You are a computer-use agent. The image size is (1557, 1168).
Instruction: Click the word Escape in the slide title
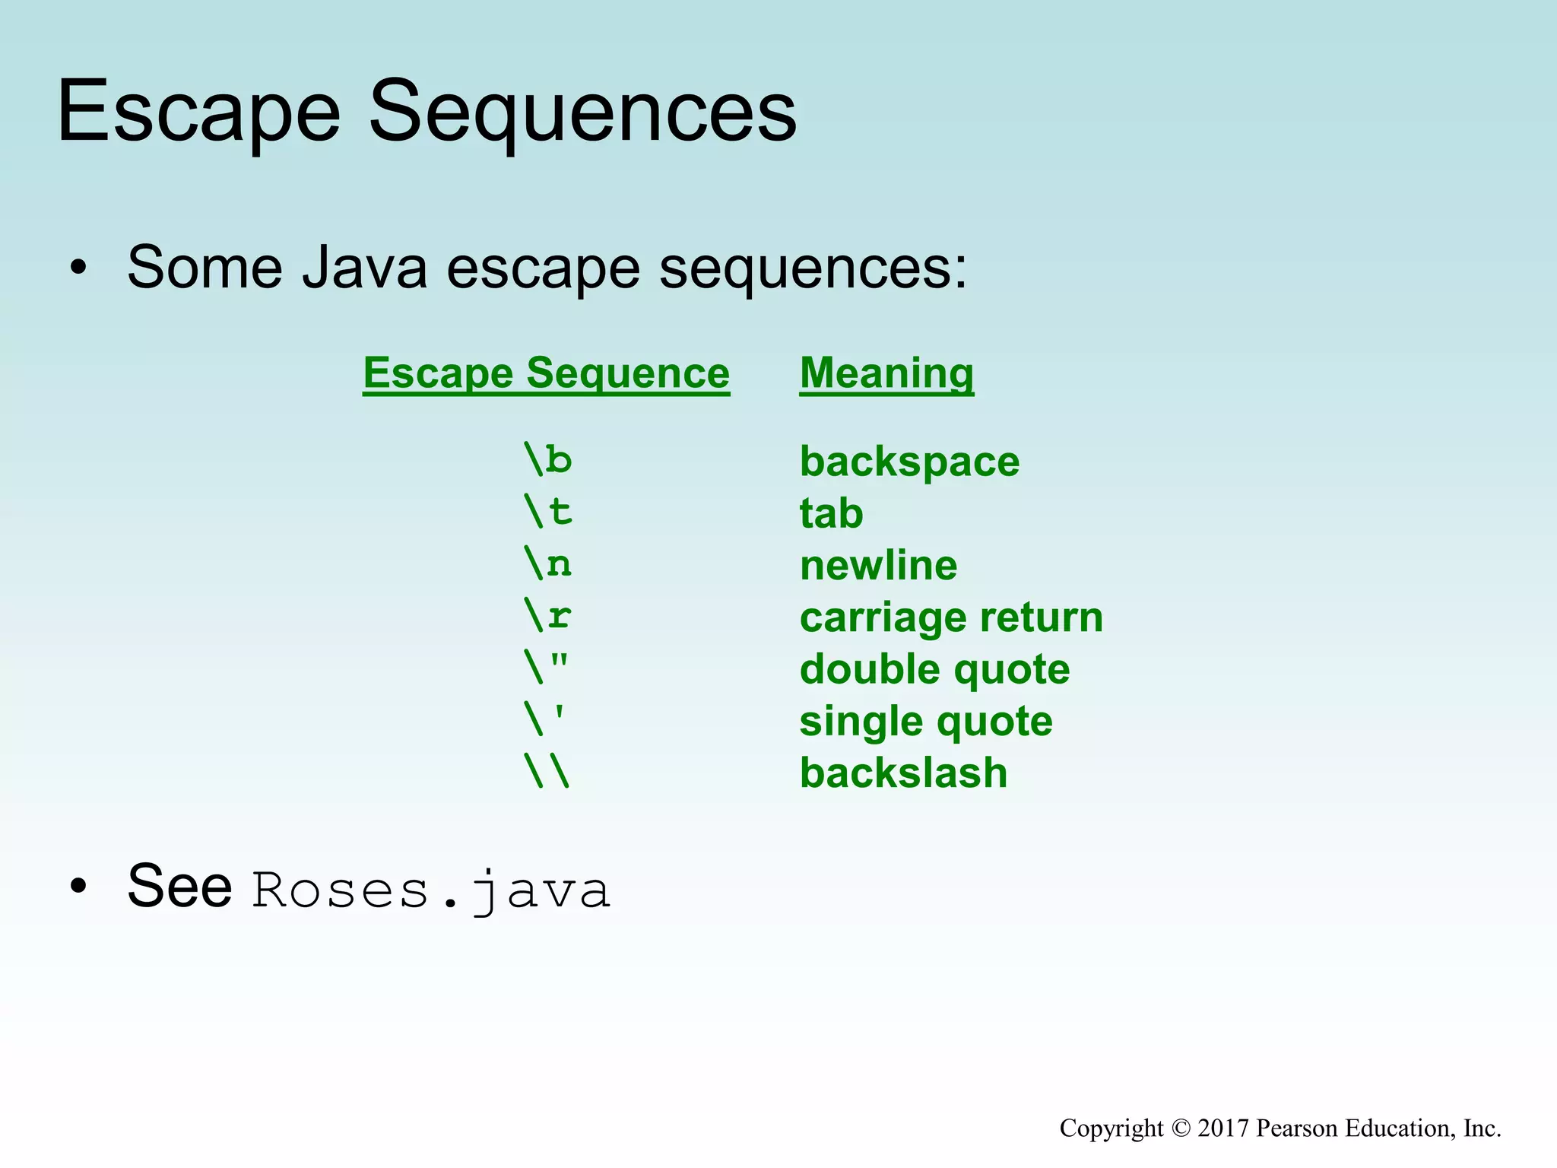coord(199,113)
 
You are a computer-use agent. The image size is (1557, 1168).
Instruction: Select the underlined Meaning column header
coord(886,373)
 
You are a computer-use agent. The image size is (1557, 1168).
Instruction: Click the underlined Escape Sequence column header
coord(546,373)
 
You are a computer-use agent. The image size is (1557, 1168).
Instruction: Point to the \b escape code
coord(547,459)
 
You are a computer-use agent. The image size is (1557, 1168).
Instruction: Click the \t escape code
coord(547,511)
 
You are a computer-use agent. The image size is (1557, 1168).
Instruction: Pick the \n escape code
coord(547,563)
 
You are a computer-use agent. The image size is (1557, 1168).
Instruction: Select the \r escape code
coord(547,615)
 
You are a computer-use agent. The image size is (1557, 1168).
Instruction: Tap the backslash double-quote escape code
coord(546,667)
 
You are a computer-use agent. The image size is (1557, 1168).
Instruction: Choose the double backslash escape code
coord(546,771)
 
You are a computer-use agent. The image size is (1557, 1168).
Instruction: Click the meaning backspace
coord(909,462)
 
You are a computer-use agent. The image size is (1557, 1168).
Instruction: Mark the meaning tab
coord(831,513)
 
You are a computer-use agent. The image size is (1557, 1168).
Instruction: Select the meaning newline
coord(878,566)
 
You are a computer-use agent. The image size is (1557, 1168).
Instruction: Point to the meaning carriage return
coord(950,617)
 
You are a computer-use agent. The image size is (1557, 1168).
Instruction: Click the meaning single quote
coord(925,722)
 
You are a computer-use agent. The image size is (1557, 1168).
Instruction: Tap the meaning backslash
coord(903,773)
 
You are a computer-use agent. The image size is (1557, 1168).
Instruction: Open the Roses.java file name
coord(430,890)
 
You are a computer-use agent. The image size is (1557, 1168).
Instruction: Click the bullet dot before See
coord(78,887)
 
